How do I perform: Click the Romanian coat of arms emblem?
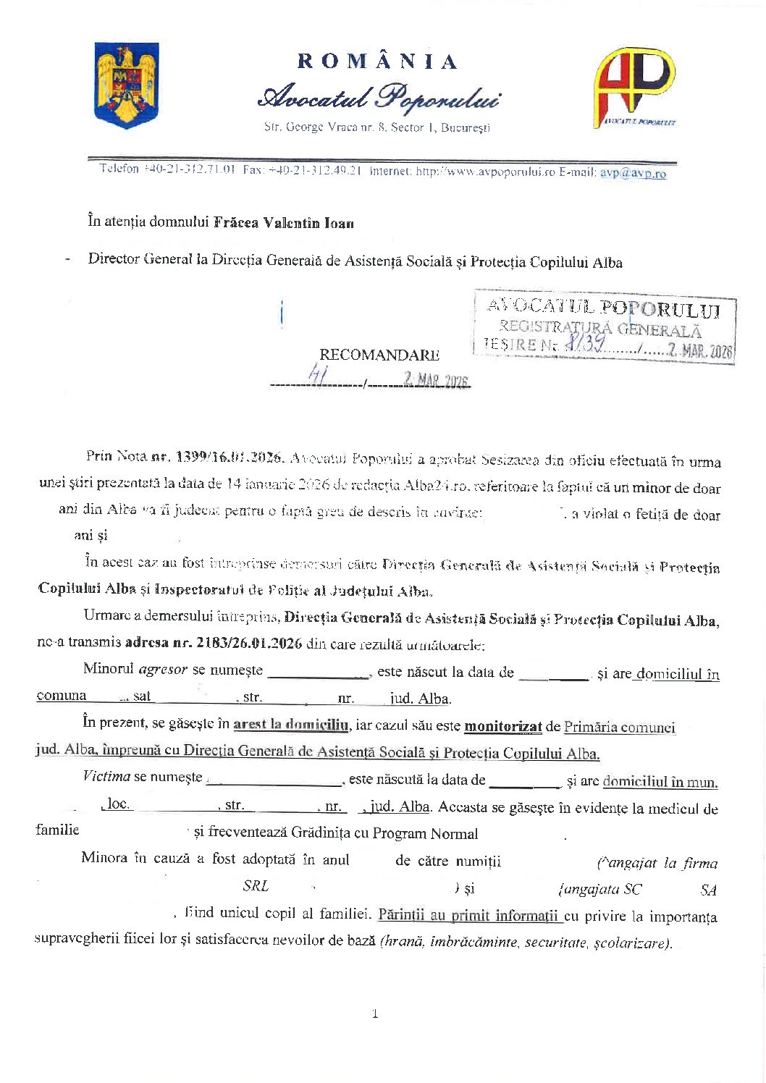tap(127, 85)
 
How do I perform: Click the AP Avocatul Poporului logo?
tap(634, 88)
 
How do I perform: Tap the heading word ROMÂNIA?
tap(376, 62)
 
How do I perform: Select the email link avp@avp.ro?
tap(633, 173)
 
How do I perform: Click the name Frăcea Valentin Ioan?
tap(283, 223)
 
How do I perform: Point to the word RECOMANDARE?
tap(379, 355)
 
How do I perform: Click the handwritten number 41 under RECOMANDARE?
tap(317, 374)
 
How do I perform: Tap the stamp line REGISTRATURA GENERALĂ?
tap(600, 329)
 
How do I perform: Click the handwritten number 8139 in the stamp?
tap(585, 345)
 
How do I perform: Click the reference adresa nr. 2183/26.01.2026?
tap(213, 643)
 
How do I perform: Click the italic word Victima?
tap(106, 777)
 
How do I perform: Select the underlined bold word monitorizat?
tap(502, 726)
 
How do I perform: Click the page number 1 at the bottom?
tap(374, 1014)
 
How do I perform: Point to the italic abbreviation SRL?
tap(256, 886)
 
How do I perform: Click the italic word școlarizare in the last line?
tap(639, 943)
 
